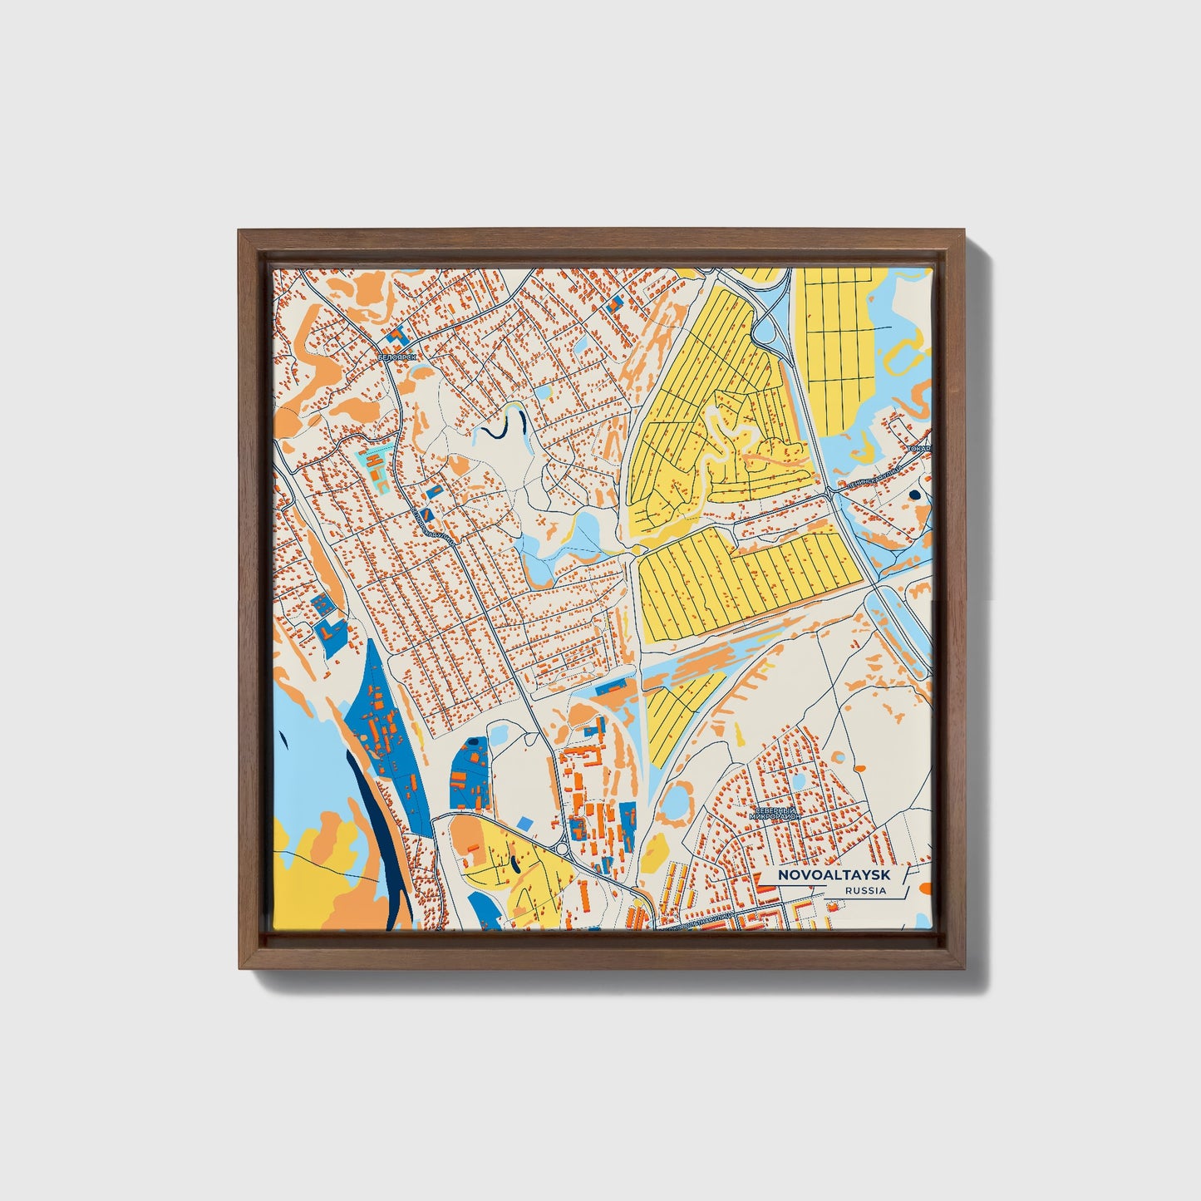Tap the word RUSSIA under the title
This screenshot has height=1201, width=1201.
point(864,890)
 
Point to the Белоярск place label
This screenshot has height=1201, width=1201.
point(394,357)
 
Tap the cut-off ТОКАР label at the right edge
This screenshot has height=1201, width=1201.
point(920,449)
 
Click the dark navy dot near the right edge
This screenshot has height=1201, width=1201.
point(915,495)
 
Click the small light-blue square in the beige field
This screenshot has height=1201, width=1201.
point(524,822)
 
